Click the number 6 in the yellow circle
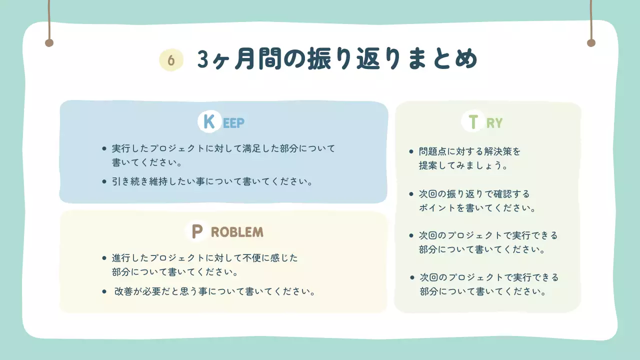[x=171, y=60]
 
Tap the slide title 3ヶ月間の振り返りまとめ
[x=337, y=59]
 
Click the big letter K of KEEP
[x=209, y=121]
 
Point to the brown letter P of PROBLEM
[x=197, y=231]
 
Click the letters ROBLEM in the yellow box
[x=237, y=232]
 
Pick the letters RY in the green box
[x=494, y=123]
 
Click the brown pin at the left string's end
[x=49, y=43]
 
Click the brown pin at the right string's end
[x=591, y=43]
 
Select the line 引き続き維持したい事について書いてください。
[x=212, y=181]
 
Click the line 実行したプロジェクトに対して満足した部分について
[x=223, y=148]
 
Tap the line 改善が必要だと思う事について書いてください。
[x=215, y=291]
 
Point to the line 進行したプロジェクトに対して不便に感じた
[x=205, y=258]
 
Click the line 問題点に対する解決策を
[x=470, y=151]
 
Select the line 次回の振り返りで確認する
[x=474, y=193]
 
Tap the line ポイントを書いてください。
[x=477, y=208]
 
